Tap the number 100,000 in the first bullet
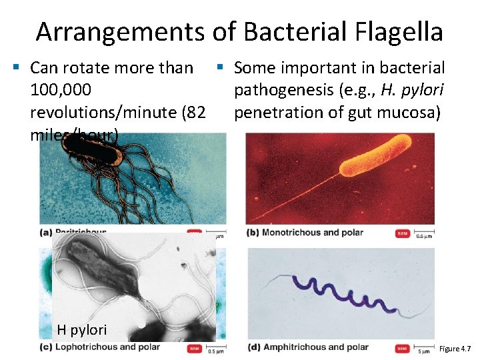[56, 89]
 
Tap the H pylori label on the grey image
[81, 329]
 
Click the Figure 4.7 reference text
[455, 349]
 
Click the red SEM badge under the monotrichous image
[402, 233]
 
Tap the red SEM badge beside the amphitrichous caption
[402, 347]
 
